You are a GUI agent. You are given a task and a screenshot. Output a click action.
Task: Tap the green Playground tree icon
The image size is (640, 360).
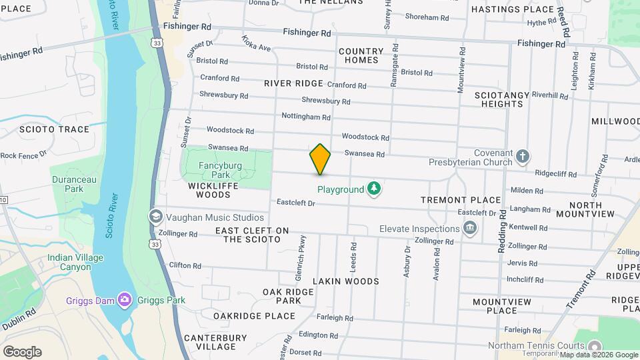click(375, 189)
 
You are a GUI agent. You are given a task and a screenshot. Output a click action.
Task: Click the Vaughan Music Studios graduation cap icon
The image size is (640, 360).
click(155, 217)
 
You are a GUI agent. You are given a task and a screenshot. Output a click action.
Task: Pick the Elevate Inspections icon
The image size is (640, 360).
click(471, 229)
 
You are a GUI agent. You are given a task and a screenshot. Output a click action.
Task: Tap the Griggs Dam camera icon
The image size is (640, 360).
click(124, 300)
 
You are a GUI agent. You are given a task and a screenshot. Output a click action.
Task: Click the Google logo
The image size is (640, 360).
click(22, 351)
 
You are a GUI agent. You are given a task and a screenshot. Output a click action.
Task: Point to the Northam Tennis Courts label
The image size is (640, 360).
click(536, 345)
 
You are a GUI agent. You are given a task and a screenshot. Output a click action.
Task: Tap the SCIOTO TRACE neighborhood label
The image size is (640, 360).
click(54, 129)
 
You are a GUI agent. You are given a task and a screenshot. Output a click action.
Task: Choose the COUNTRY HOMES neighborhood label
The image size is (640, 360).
click(361, 55)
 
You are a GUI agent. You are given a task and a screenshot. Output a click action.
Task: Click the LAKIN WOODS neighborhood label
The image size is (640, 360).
click(346, 281)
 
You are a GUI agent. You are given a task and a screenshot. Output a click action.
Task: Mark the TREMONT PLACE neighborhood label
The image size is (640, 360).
click(461, 200)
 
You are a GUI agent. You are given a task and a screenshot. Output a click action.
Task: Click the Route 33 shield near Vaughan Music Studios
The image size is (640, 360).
click(155, 245)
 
